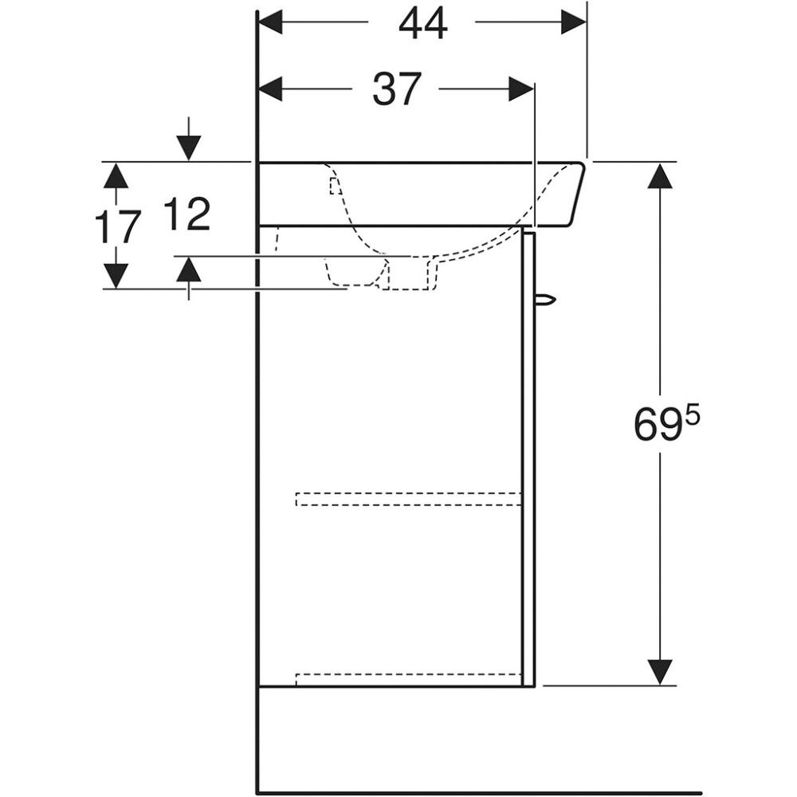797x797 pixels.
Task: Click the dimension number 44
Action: tap(423, 24)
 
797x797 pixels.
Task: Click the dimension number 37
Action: tap(397, 89)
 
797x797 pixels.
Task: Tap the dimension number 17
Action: tap(118, 226)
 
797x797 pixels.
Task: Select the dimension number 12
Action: tap(187, 214)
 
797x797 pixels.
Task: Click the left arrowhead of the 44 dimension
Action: tap(271, 22)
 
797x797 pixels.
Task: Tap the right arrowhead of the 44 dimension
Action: tap(573, 22)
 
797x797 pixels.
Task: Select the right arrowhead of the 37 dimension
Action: tap(521, 89)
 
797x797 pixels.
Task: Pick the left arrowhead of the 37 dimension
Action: tap(271, 89)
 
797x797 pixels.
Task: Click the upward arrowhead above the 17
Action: tap(117, 175)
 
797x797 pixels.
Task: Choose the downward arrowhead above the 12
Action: tap(189, 148)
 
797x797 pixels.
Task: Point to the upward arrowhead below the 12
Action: tap(189, 269)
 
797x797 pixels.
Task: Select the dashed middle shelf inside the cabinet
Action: tap(409, 499)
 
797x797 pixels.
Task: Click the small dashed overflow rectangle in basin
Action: tap(335, 186)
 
